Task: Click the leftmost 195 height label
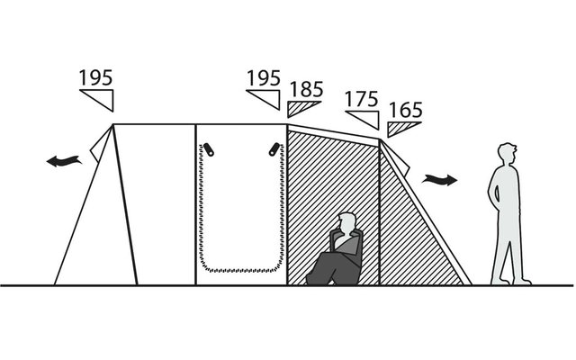(96, 77)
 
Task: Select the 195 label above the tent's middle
(264, 78)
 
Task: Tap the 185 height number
(306, 89)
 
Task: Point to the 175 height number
(362, 99)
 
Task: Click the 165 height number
(405, 110)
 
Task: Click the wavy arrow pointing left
(64, 161)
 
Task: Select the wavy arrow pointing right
(440, 180)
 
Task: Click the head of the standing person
(508, 153)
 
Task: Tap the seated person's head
(347, 223)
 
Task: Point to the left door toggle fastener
(208, 149)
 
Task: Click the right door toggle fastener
(274, 149)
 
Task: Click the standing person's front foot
(523, 282)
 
